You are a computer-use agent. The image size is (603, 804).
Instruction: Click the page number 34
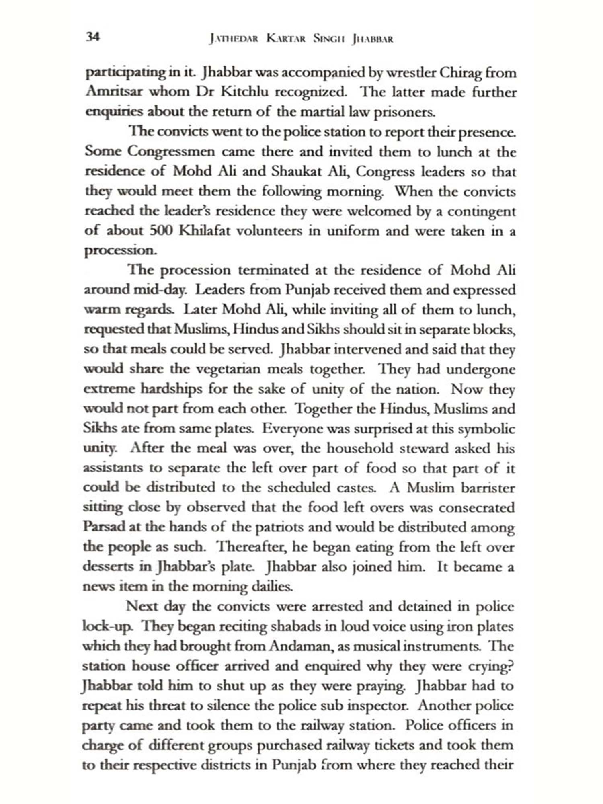(x=92, y=37)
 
